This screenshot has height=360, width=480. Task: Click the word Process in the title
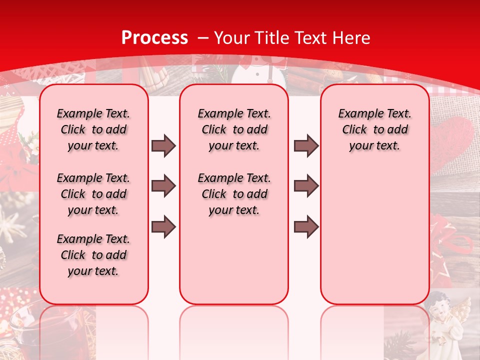click(155, 37)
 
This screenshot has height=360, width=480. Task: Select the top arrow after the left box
click(163, 145)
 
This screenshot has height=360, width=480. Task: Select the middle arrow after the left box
click(163, 186)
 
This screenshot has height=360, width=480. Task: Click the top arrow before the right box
click(306, 145)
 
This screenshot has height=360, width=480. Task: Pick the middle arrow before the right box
click(306, 186)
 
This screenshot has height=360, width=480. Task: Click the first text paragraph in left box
click(93, 129)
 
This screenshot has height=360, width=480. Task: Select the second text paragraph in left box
click(93, 194)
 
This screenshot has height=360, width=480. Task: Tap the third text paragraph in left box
click(93, 255)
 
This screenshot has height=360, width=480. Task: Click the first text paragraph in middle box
click(234, 129)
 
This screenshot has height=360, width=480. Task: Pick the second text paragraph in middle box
click(234, 194)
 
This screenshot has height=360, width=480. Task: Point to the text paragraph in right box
click(374, 129)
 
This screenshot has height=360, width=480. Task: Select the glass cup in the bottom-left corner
click(20, 330)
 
